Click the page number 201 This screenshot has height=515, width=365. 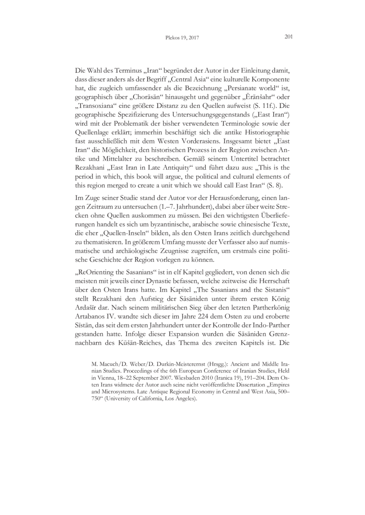pyautogui.click(x=287, y=37)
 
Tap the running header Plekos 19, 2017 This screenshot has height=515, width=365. pyautogui.click(x=182, y=38)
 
